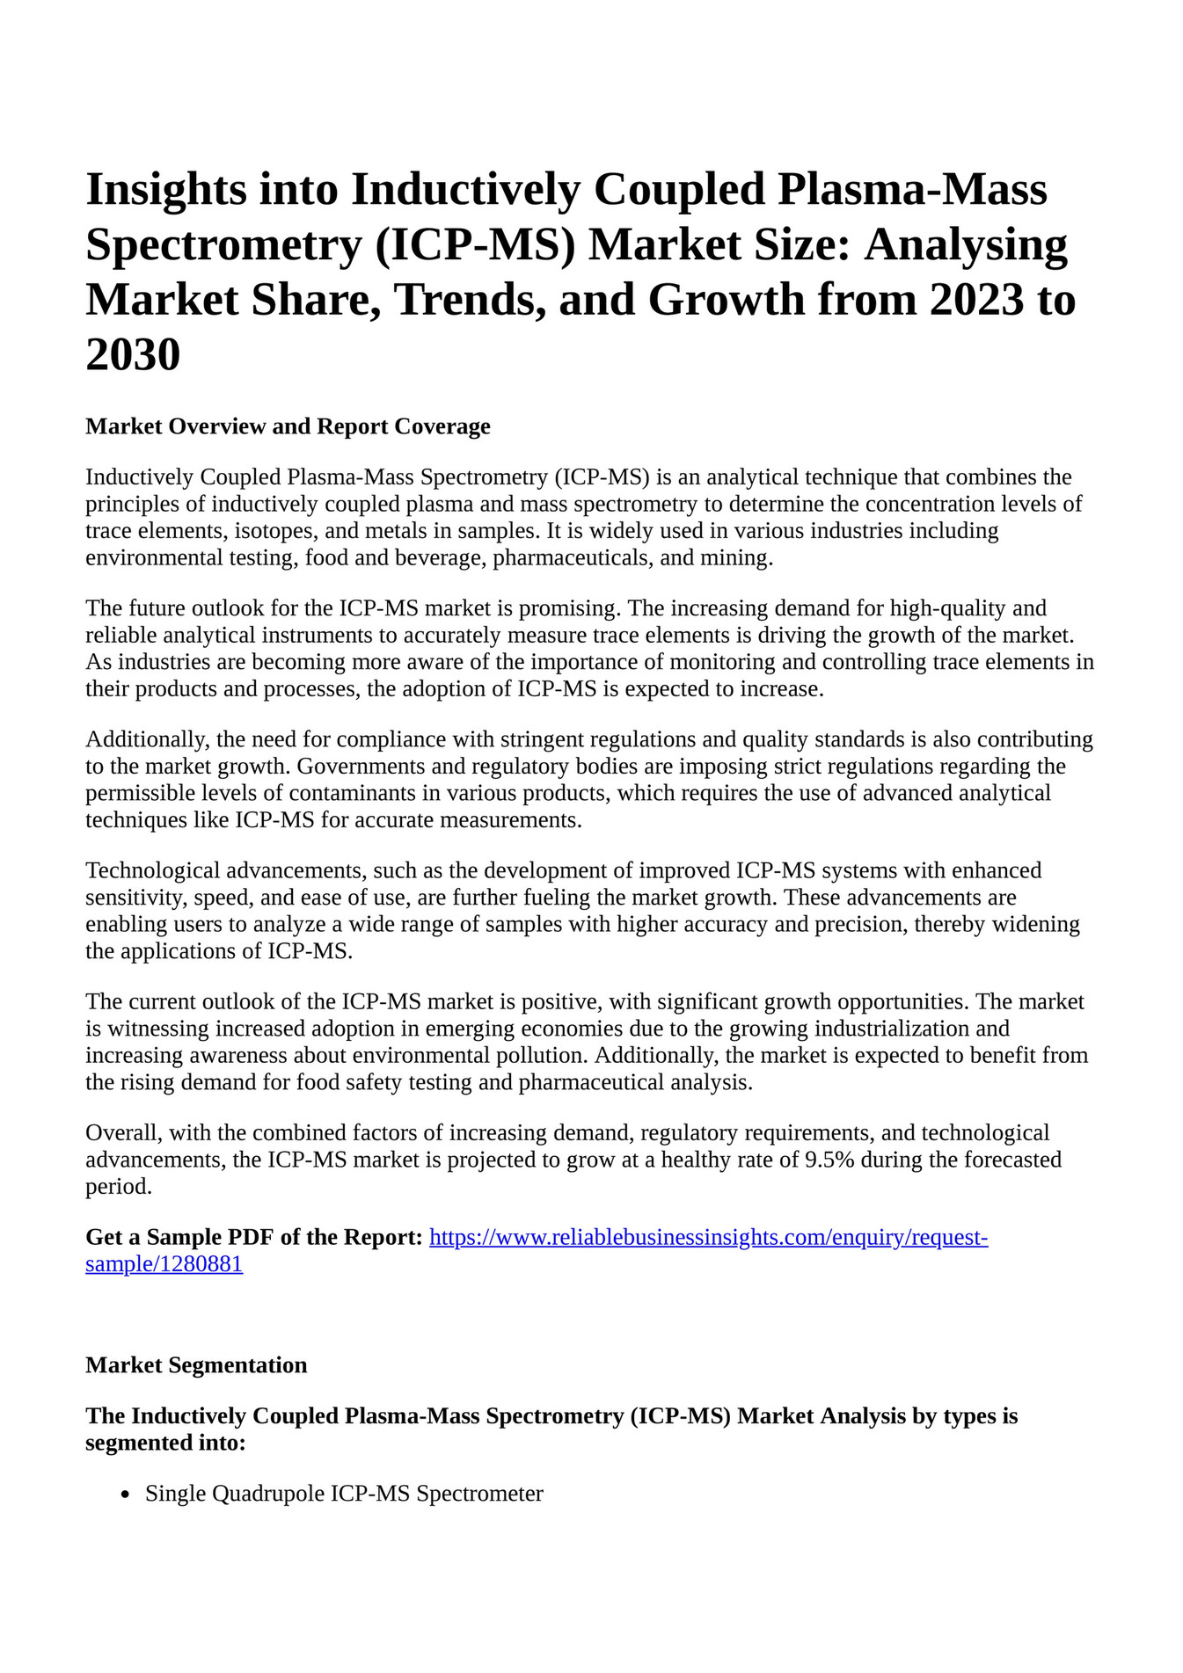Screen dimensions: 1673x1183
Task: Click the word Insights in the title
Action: tap(165, 190)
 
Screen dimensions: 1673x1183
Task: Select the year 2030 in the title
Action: tap(133, 355)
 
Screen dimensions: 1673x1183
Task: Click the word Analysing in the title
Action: tap(966, 245)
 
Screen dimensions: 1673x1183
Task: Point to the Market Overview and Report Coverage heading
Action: tap(288, 426)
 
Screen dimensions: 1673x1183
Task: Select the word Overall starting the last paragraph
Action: tap(119, 1132)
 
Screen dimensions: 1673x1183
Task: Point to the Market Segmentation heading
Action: tap(196, 1364)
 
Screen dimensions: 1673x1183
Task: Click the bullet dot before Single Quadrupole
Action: tap(126, 1494)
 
